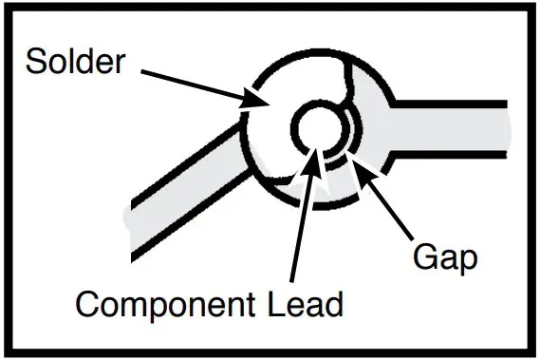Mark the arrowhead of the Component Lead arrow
click(313, 152)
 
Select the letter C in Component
click(88, 306)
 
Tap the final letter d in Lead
click(333, 306)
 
